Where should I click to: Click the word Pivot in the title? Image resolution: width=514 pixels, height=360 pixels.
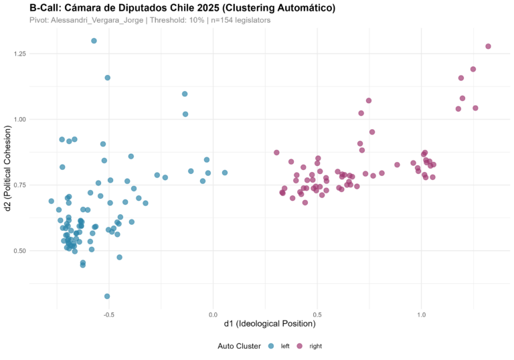pos(38,21)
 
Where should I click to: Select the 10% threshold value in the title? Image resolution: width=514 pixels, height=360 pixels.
pos(196,21)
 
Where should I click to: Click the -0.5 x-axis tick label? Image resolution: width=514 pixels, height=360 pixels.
pos(108,314)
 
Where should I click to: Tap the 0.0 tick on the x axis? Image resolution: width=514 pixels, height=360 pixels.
pos(213,314)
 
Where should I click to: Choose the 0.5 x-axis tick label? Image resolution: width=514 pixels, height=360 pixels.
pos(317,314)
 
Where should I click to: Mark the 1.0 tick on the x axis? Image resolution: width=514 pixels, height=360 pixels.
pos(422,314)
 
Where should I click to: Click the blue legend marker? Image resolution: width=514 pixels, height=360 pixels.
pos(271,346)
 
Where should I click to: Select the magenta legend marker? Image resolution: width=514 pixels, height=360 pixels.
pos(299,346)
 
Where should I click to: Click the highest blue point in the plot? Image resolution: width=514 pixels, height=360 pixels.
pos(94,41)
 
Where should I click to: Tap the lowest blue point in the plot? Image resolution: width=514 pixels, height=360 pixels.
pos(107,296)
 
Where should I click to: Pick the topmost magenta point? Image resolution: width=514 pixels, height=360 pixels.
pos(488,46)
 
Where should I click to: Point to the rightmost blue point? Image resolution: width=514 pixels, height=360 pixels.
pos(225,173)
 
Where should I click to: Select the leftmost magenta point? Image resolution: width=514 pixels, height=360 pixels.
pos(276,153)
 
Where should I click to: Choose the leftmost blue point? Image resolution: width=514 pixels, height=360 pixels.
pos(52,201)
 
